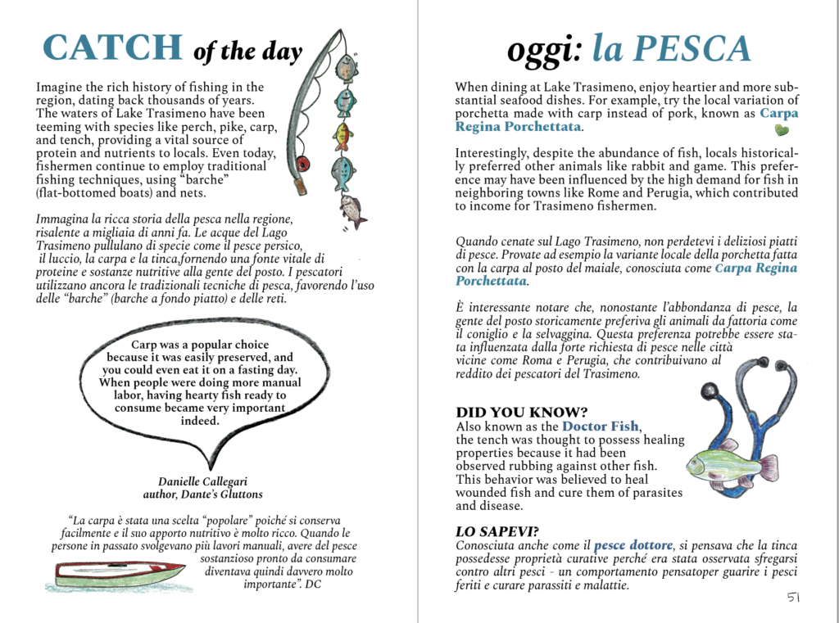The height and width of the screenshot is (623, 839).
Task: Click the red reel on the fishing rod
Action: (303, 164)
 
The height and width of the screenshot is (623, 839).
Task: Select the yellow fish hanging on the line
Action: (343, 135)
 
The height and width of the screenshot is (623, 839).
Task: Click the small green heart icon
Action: (781, 130)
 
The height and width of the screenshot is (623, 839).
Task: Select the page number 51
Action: (794, 598)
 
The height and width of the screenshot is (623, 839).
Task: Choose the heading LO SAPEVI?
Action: (497, 530)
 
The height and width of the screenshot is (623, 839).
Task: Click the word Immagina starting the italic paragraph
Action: (64, 219)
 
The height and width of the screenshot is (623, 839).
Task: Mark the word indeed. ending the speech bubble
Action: (200, 421)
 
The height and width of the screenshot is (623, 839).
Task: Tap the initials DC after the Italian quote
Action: (312, 585)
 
